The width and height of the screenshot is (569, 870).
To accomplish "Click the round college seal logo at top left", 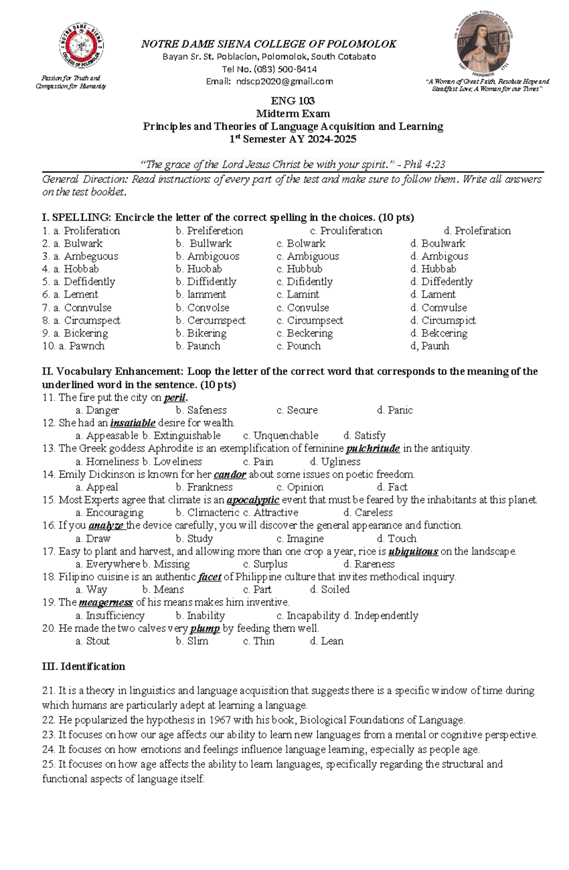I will click(x=81, y=46).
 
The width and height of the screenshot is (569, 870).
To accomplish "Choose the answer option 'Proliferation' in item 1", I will click(x=92, y=231).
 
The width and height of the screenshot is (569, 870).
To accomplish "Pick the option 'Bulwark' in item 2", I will click(x=83, y=244).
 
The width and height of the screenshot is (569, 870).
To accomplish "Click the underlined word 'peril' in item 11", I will click(x=174, y=398).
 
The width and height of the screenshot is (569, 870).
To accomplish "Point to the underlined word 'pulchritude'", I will click(x=373, y=449).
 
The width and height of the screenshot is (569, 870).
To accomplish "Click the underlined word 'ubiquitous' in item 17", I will click(x=413, y=552).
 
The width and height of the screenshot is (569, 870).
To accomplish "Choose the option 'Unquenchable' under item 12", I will click(x=285, y=436).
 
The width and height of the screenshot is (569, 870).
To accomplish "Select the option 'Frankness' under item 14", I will click(x=210, y=487).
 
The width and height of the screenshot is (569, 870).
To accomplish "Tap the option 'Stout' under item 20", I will click(x=98, y=641).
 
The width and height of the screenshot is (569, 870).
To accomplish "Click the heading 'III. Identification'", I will click(x=83, y=667).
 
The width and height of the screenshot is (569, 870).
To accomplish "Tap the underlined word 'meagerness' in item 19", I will click(x=105, y=603).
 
